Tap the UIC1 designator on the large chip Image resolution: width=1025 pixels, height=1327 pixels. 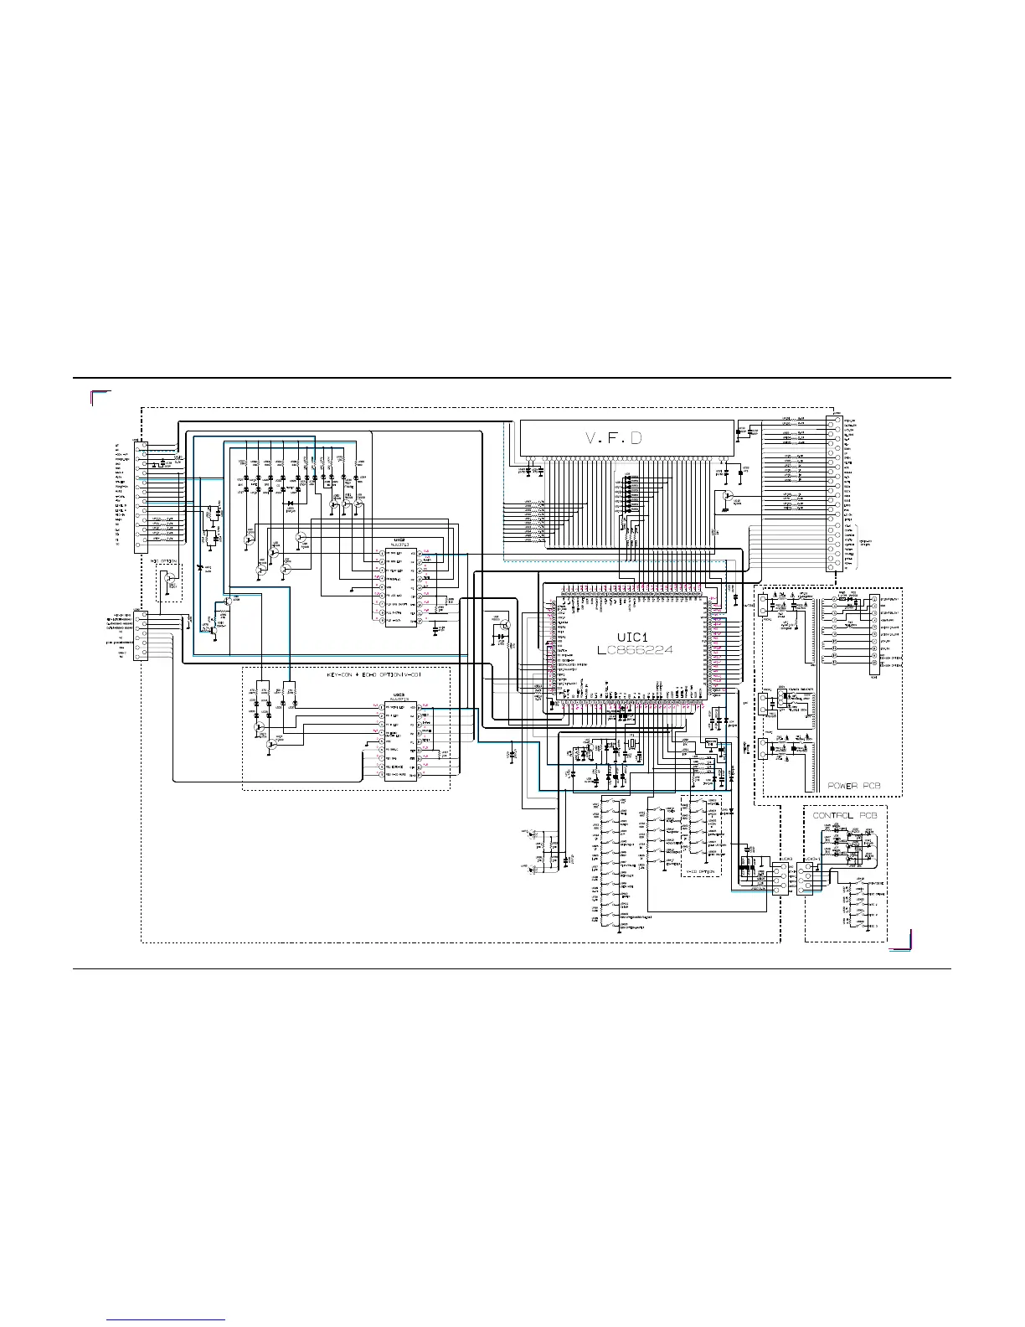tap(633, 637)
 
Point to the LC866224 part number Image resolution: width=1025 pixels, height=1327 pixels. tap(635, 649)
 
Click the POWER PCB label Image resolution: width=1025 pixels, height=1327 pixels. tap(854, 786)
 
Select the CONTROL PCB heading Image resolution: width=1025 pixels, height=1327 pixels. tap(845, 814)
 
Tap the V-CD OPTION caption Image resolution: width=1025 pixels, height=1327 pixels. tap(702, 872)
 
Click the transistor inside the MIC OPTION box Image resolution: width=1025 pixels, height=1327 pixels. tap(170, 578)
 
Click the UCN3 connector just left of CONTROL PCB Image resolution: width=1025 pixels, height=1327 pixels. tap(779, 879)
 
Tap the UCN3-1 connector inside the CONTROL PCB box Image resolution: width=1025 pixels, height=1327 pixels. tap(806, 880)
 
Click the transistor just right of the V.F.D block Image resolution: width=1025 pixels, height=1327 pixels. tap(725, 498)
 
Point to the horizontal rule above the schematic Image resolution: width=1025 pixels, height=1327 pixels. tap(512, 378)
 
